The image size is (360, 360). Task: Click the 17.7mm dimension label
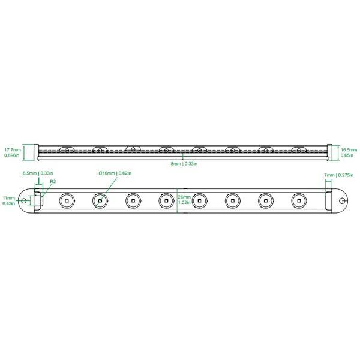(x=12, y=149)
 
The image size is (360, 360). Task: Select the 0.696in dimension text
(x=12, y=155)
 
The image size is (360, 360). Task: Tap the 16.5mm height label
(x=349, y=149)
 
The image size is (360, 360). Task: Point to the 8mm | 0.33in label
(x=185, y=163)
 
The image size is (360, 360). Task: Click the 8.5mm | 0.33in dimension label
(x=37, y=173)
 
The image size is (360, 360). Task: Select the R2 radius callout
(x=53, y=181)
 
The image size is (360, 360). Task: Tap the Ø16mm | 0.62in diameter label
(x=115, y=173)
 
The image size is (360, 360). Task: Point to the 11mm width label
(x=8, y=197)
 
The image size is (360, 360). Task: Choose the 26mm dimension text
(x=184, y=197)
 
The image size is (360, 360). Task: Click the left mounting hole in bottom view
(x=24, y=200)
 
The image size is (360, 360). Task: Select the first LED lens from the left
(x=67, y=200)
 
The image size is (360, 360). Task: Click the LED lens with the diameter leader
(x=100, y=200)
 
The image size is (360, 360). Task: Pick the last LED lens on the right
(x=299, y=200)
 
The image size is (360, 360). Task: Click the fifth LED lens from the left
(x=199, y=200)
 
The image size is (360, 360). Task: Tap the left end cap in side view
(x=35, y=152)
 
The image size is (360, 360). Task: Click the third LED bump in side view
(x=133, y=148)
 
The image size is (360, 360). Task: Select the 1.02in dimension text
(x=184, y=203)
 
